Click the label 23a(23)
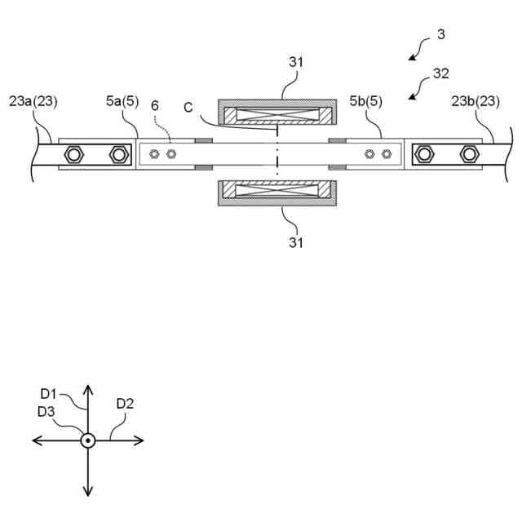[33, 102]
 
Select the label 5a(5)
[122, 102]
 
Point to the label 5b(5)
[366, 102]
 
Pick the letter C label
[188, 106]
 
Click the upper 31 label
[295, 62]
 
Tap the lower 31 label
[295, 242]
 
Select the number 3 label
[440, 34]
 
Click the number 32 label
[440, 73]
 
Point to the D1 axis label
[50, 394]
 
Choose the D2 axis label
[125, 403]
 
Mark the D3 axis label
[46, 412]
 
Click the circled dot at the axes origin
[87, 440]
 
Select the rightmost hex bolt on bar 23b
[468, 153]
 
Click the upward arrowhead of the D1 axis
[87, 390]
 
